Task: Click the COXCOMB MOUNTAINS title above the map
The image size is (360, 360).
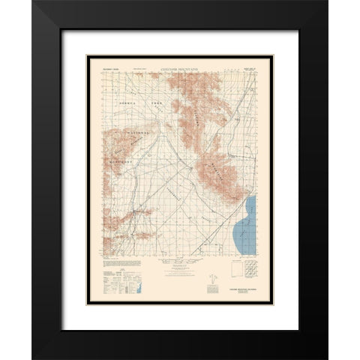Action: point(180,65)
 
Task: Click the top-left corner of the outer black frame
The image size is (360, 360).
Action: point(32,2)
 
